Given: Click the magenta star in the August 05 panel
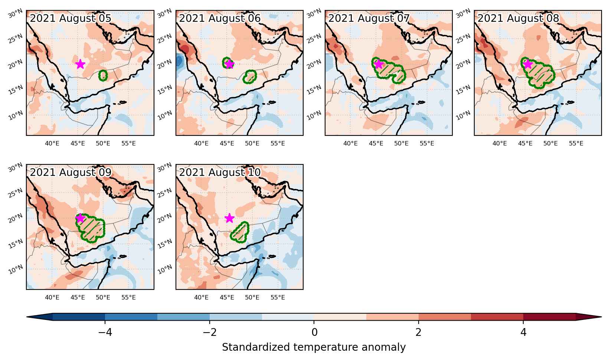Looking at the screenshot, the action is click(80, 64).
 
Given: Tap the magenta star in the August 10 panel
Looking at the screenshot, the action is click(229, 218).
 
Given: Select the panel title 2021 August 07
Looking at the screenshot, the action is click(369, 18).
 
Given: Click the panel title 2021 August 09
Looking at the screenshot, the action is click(71, 172).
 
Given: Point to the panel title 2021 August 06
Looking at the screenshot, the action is click(220, 18).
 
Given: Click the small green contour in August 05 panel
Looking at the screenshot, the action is click(103, 75).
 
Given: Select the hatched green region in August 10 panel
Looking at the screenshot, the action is click(239, 232).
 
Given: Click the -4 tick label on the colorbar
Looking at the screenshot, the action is click(105, 332).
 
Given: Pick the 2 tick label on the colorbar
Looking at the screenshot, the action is click(418, 332).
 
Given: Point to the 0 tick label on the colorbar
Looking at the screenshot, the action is click(314, 332).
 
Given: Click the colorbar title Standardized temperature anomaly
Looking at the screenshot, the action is click(314, 347).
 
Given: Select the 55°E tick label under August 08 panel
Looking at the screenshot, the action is click(576, 143).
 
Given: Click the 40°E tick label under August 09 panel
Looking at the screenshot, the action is click(52, 297).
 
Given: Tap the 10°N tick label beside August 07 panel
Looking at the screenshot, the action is click(314, 115).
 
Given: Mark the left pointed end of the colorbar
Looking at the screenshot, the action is click(27, 317).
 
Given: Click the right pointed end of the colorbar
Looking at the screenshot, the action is click(601, 317).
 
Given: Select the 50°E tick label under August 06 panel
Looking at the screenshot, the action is click(252, 143).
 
